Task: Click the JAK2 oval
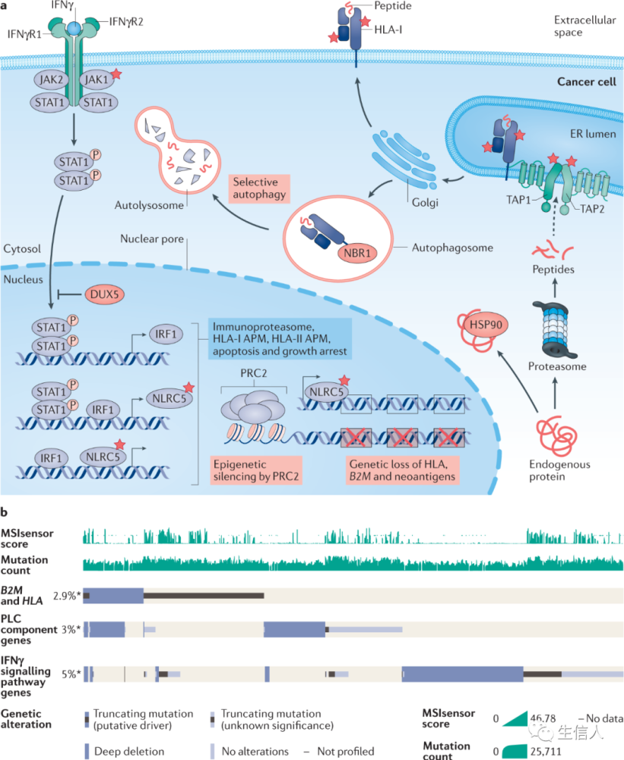click(51, 80)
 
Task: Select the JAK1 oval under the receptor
click(97, 80)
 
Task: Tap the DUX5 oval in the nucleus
click(104, 295)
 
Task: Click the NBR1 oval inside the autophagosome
click(357, 253)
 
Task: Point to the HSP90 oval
click(486, 325)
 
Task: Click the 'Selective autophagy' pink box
click(259, 188)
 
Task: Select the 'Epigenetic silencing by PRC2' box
click(256, 470)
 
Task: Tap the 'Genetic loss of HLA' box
click(402, 470)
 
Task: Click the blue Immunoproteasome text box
click(280, 339)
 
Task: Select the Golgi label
click(425, 202)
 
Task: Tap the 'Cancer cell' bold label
click(586, 81)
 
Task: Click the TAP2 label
click(592, 209)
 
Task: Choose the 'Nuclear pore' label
click(152, 239)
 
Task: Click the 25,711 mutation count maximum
click(546, 752)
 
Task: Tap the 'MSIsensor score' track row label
click(27, 538)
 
